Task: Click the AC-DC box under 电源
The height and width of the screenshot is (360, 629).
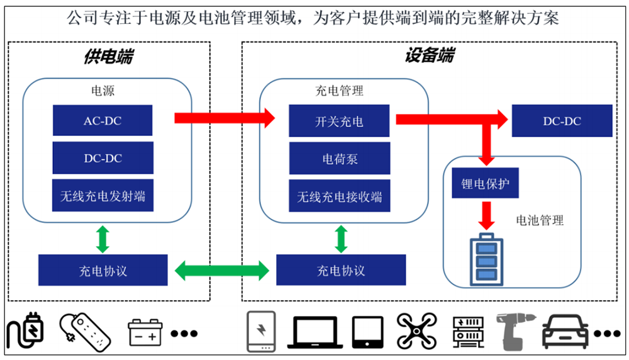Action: pyautogui.click(x=103, y=121)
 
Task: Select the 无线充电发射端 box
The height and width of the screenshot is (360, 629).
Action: pyautogui.click(x=103, y=196)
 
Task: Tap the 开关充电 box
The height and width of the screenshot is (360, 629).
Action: pyautogui.click(x=339, y=121)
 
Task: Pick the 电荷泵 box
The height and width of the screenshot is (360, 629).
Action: pyautogui.click(x=339, y=159)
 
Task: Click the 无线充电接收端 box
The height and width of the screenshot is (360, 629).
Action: pyautogui.click(x=339, y=196)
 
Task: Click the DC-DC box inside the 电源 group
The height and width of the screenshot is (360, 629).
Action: pyautogui.click(x=103, y=159)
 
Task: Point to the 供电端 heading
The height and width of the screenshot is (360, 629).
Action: pyautogui.click(x=108, y=56)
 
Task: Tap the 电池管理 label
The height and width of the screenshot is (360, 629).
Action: pyautogui.click(x=540, y=220)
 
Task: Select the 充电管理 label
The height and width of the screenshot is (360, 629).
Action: pyautogui.click(x=339, y=91)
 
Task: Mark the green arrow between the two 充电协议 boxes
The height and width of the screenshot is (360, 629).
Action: pyautogui.click(x=222, y=271)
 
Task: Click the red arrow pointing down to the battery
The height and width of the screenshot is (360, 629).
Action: pyautogui.click(x=485, y=215)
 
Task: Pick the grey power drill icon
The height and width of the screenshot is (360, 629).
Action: pyautogui.click(x=512, y=330)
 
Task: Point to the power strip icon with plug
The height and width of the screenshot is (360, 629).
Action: pyautogui.click(x=85, y=330)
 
